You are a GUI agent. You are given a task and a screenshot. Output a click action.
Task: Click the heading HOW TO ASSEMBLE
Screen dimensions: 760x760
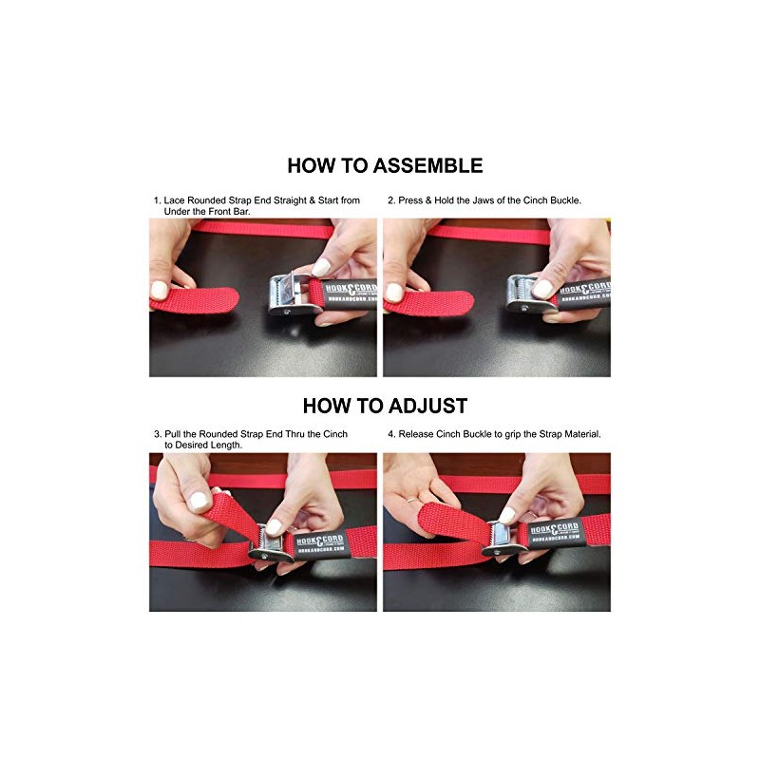tap(385, 165)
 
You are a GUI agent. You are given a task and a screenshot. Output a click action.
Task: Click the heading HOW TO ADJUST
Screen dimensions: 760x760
tap(385, 406)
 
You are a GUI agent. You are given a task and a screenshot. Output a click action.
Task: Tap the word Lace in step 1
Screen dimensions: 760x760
tap(174, 200)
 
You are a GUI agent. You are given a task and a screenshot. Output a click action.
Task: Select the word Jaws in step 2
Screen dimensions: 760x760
tap(483, 200)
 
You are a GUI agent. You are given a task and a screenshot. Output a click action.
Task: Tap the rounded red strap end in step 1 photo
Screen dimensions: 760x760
tap(197, 300)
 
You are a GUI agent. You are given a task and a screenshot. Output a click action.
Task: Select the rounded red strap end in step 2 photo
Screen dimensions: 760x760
tap(430, 303)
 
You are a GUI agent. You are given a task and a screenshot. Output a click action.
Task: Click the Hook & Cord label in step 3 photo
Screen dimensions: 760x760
tap(321, 545)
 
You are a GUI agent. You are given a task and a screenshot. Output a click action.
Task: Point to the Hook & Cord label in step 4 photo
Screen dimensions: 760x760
tap(556, 532)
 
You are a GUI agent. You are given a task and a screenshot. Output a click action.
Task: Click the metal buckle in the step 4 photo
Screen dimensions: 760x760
tap(504, 539)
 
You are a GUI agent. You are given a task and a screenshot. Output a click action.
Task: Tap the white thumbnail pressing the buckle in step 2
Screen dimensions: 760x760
tap(541, 289)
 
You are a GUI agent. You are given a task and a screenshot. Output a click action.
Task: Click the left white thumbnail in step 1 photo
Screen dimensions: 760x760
tap(160, 290)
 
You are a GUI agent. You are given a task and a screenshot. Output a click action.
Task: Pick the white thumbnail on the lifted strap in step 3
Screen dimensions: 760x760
tap(199, 501)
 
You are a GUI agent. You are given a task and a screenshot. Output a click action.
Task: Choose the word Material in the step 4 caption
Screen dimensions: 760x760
tap(582, 434)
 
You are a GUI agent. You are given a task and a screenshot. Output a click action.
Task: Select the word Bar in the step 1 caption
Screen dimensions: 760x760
tap(242, 211)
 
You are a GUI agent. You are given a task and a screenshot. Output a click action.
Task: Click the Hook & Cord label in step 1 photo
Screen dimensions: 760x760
tap(350, 292)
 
